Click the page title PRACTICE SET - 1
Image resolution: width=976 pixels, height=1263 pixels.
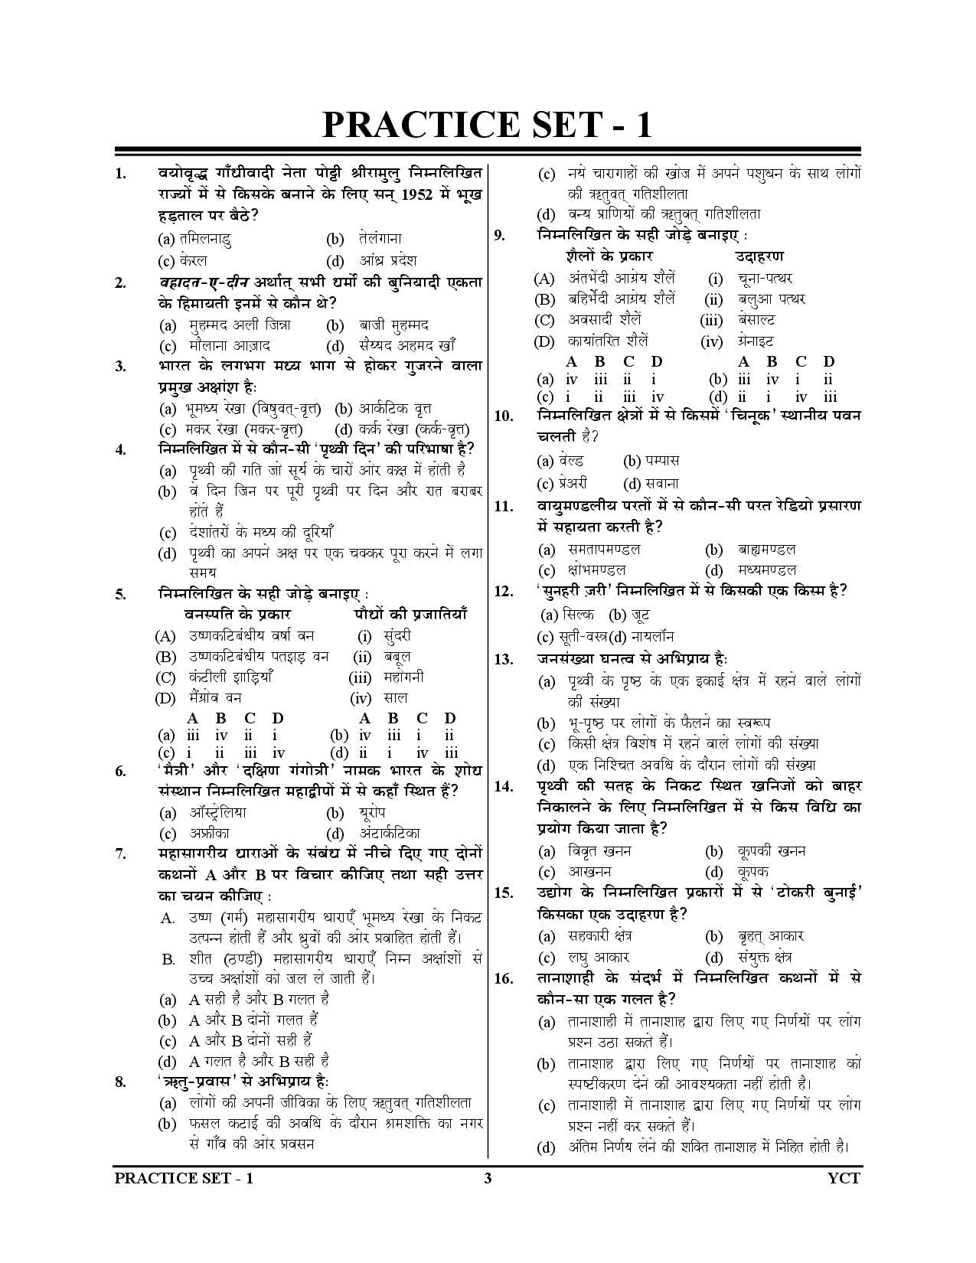click(487, 125)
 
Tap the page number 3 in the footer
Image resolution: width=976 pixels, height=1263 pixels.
click(487, 1178)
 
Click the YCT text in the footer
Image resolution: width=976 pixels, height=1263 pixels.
click(844, 1178)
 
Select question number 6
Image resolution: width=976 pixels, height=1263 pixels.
click(120, 771)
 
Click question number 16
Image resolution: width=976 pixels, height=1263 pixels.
click(503, 979)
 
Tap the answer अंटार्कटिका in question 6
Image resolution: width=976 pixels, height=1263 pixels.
click(389, 833)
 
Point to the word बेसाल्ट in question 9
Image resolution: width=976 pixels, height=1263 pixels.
click(756, 320)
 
